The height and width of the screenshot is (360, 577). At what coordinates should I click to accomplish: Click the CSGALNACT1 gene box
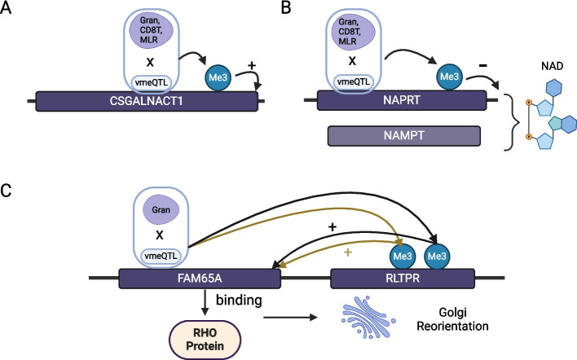coord(147,101)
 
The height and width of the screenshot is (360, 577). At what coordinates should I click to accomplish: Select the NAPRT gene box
coord(402,100)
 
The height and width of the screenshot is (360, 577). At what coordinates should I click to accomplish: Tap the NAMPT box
coord(403,136)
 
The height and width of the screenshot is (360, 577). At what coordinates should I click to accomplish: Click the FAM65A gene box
coord(200,279)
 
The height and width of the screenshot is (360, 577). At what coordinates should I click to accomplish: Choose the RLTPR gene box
coord(403,279)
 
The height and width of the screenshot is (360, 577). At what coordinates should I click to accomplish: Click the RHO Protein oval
coord(205,340)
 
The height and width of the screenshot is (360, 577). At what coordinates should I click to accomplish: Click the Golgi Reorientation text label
coord(452,319)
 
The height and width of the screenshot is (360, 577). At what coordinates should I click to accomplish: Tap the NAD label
coord(552,66)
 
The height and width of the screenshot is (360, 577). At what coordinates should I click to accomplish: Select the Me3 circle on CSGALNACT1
coord(218,77)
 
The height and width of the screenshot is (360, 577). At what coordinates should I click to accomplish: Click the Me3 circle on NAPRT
coord(449,77)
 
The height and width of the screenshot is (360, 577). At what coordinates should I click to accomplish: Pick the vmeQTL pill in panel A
coord(152,83)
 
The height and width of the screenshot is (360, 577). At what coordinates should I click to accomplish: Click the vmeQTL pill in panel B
coord(353,82)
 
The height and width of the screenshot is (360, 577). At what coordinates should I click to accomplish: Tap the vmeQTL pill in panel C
coord(161,256)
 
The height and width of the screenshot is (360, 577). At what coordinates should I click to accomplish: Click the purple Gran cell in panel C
coord(161,209)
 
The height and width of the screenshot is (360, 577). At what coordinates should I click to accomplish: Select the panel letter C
coord(6,191)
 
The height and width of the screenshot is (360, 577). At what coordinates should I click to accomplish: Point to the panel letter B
coord(285,7)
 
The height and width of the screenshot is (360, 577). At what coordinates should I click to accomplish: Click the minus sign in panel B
coord(483,66)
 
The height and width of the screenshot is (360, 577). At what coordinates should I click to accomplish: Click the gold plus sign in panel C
coord(347,252)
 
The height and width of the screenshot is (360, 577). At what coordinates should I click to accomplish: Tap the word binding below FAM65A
coord(239,301)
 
